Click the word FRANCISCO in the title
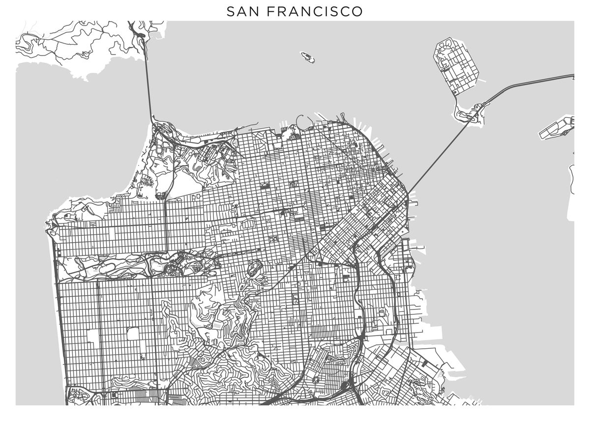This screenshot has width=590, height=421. pos(315,11)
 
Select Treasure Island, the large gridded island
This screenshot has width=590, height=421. pos(457,66)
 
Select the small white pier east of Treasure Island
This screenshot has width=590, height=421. pos(481,80)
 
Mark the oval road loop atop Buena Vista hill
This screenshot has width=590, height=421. pos(254,268)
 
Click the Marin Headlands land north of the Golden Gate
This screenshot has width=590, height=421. pos(74,44)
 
